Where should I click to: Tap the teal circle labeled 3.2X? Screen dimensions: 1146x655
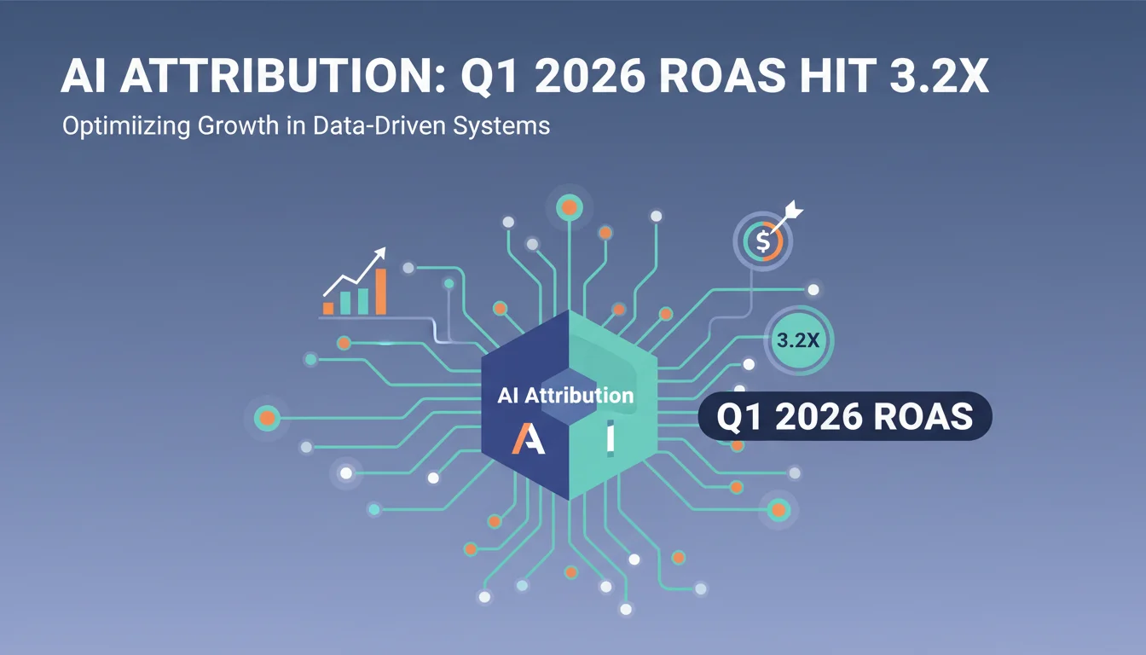point(798,340)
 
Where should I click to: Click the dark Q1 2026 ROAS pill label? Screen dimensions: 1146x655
point(845,416)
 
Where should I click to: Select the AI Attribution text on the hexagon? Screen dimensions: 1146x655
point(565,396)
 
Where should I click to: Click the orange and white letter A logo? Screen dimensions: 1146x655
point(528,438)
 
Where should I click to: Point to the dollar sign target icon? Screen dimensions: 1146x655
point(763,241)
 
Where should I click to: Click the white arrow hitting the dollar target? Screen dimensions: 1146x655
point(785,218)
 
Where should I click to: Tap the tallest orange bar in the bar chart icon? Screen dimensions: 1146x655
point(380,291)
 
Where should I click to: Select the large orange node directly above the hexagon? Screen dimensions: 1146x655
point(570,208)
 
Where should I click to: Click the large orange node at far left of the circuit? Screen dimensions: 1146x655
point(267,419)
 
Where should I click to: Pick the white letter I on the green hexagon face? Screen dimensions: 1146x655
point(611,438)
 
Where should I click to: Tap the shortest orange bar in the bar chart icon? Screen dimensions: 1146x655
point(328,308)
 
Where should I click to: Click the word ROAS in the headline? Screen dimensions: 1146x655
point(722,76)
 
